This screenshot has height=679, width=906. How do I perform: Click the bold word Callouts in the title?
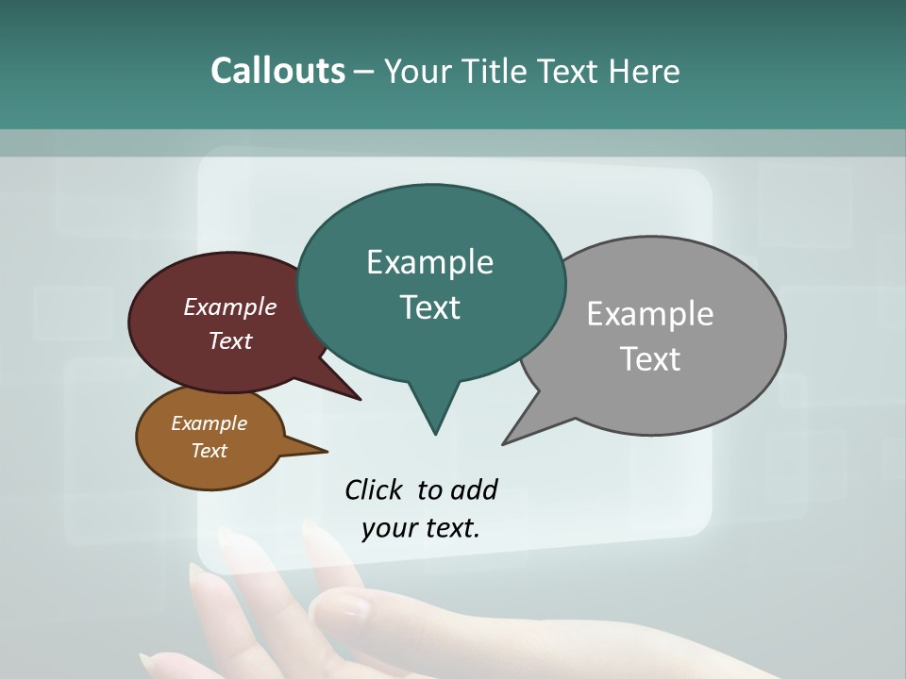277,71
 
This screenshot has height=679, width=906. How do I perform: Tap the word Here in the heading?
645,71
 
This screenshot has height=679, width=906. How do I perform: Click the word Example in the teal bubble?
429,262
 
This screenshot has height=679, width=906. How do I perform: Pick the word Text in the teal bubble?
429,307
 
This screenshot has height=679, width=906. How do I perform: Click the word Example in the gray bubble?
650,314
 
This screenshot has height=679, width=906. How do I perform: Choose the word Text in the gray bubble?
650,359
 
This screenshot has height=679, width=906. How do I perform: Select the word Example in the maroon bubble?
230,306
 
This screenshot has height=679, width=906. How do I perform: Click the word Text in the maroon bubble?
230,340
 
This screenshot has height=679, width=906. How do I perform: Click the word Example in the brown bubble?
209,423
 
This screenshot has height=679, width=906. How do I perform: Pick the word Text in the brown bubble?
209,451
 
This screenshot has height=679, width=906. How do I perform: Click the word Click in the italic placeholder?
376,489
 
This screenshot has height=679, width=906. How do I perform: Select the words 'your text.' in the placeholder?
421,528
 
